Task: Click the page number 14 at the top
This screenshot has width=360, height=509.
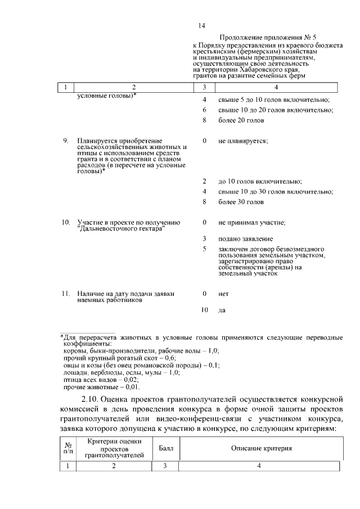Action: click(x=202, y=26)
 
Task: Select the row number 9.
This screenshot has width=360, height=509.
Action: click(x=65, y=141)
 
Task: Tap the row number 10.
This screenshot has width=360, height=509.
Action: click(x=65, y=223)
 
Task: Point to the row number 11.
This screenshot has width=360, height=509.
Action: click(x=65, y=294)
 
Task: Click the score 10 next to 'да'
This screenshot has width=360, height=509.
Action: click(x=205, y=310)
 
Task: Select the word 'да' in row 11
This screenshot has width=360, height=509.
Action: click(x=222, y=310)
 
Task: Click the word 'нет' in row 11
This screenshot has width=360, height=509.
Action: click(x=223, y=294)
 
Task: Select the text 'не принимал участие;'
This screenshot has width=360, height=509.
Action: click(x=251, y=223)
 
